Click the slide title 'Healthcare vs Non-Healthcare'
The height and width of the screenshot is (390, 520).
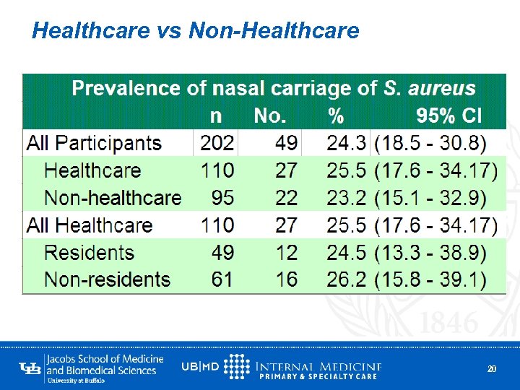(x=196, y=31)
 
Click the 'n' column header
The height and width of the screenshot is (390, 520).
(x=216, y=116)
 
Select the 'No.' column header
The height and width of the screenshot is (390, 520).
(x=270, y=116)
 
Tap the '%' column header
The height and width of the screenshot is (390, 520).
(x=335, y=116)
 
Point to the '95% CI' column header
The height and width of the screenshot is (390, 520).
(x=448, y=116)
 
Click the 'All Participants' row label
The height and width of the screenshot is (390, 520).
(x=94, y=143)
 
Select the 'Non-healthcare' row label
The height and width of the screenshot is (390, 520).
(x=113, y=198)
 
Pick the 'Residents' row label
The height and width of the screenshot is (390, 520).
(x=90, y=253)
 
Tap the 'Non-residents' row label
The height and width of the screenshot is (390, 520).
(x=107, y=279)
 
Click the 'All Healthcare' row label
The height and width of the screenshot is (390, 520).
(x=90, y=225)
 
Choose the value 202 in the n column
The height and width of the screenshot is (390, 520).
(x=217, y=143)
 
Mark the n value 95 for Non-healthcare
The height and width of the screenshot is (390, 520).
(x=222, y=198)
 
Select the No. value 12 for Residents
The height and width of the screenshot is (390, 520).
(x=286, y=253)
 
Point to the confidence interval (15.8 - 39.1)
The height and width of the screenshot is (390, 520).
(x=430, y=279)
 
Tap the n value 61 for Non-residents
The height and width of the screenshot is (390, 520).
(x=222, y=279)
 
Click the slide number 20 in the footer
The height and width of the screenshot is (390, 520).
(x=492, y=369)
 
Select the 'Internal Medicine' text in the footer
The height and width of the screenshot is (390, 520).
(x=318, y=366)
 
